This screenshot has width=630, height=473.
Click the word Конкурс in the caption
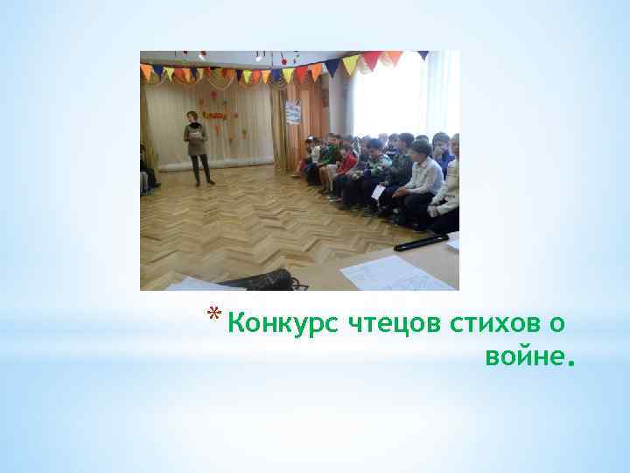coord(272,325)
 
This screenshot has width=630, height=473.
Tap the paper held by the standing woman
coord(198,137)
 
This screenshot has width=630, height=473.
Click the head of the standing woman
coord(192,117)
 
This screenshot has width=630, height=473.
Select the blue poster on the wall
coord(293,111)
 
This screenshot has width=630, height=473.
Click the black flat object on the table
coord(422,242)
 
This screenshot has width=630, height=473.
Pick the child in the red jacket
coord(347,161)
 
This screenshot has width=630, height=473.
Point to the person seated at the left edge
coord(148,171)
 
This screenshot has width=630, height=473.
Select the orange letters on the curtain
coord(215,113)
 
